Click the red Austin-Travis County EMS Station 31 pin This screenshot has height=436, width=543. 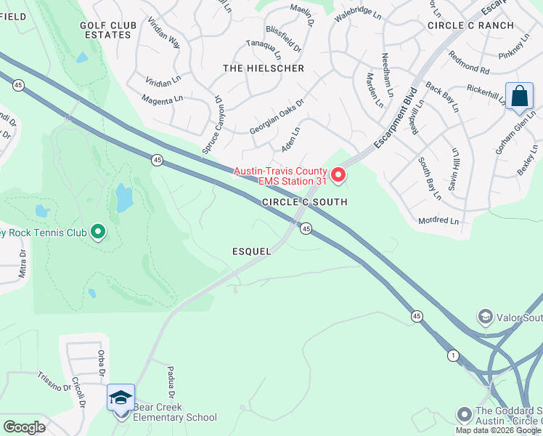tap(338, 175)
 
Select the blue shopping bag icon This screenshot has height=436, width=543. tap(519, 97)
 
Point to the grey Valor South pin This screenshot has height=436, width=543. tap(485, 317)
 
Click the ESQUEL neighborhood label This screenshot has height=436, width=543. tap(251, 251)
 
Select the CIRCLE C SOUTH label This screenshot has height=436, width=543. tap(304, 202)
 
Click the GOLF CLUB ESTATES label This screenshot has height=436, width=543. tap(108, 30)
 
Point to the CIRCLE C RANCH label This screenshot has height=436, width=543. tap(470, 25)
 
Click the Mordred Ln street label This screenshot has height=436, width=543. tap(438, 221)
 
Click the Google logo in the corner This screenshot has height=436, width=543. tap(24, 427)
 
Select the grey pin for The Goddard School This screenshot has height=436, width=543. tap(464, 415)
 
